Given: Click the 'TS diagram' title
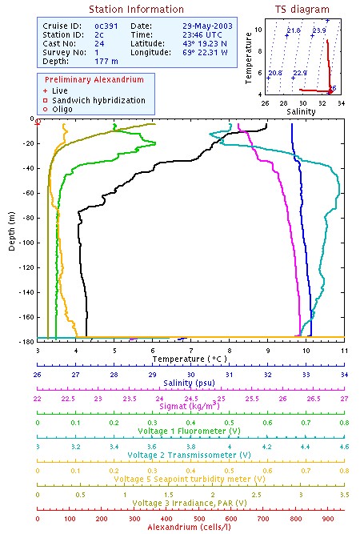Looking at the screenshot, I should click(302, 10).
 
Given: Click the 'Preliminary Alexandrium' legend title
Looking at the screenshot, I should click(94, 81).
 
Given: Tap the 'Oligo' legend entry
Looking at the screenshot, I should click(62, 109).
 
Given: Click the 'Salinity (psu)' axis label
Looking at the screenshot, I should click(190, 383).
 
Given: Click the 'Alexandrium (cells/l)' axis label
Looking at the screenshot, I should click(190, 526).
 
